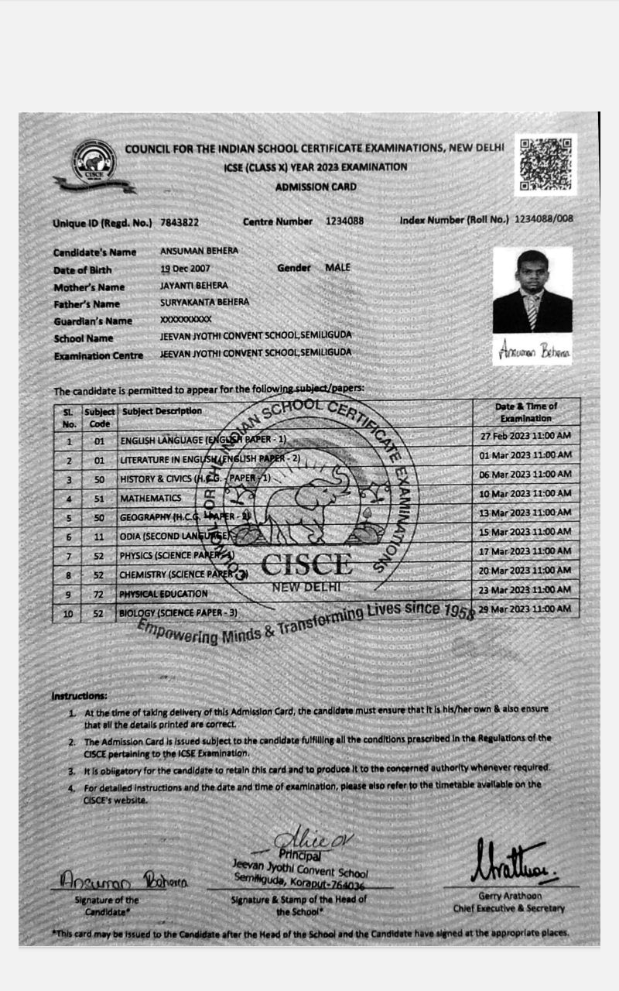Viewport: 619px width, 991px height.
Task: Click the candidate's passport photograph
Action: [532, 290]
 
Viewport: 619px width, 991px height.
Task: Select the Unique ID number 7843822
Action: [180, 222]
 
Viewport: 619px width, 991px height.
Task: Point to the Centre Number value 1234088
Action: [344, 221]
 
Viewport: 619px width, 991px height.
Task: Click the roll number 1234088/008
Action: [544, 219]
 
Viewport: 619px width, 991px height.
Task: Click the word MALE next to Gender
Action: [337, 267]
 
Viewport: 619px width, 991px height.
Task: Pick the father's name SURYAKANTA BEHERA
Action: [204, 303]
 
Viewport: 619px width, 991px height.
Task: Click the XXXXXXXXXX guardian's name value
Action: [186, 319]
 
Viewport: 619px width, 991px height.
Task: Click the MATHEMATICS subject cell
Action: [151, 498]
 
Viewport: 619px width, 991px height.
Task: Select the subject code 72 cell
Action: [99, 594]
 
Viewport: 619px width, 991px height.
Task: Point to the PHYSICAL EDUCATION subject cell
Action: [163, 594]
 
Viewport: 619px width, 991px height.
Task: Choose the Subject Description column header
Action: [162, 411]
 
